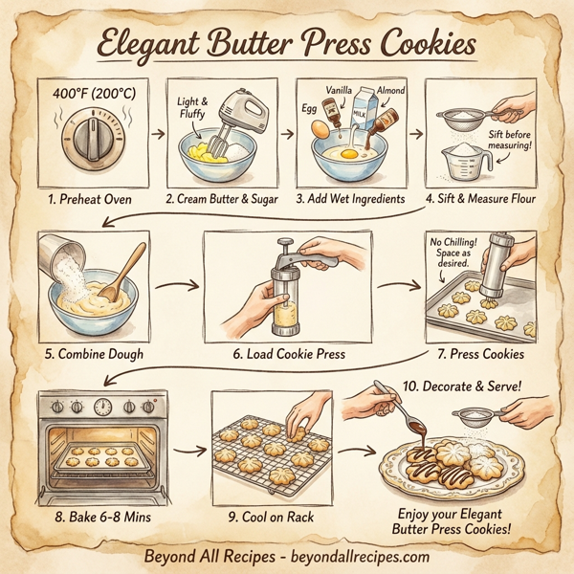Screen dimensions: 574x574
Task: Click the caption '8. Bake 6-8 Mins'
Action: point(97,517)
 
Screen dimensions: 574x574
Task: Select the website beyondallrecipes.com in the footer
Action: point(357,556)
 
